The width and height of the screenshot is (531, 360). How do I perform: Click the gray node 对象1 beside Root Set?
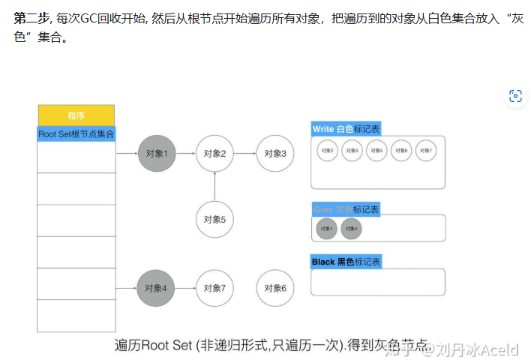pos(157,153)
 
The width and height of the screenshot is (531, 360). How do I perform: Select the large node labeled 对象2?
pos(214,153)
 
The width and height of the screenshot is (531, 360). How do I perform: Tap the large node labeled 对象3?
pos(275,153)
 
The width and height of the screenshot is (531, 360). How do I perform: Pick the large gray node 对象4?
pos(156,288)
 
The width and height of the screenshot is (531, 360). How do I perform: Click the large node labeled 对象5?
pos(214,220)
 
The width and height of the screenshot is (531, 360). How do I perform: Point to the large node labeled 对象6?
pos(275,288)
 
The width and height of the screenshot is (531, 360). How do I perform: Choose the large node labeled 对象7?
pos(214,288)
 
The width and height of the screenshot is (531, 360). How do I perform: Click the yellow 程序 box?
pos(76,115)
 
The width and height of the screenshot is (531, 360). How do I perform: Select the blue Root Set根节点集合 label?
pos(76,133)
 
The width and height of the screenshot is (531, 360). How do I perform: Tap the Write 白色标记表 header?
pos(346,129)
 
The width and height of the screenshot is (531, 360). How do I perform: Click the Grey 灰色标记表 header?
pos(346,209)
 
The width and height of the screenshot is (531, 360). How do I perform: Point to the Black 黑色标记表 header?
pos(346,262)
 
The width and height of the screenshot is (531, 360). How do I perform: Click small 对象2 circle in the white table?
pos(327,151)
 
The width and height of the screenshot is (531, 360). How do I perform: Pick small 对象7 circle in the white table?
pos(427,151)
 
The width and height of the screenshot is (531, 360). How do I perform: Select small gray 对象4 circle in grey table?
pos(351,229)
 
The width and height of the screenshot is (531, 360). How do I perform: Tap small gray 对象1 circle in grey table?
pos(327,229)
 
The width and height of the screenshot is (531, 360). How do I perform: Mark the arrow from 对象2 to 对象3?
pos(245,153)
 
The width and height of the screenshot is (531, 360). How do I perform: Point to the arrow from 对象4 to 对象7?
pos(186,288)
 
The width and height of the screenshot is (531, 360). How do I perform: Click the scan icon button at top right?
pos(515,95)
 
